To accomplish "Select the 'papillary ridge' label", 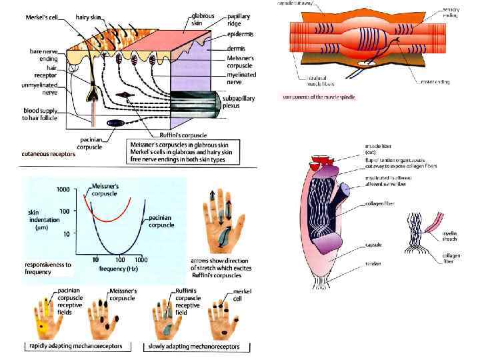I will click(x=238, y=19).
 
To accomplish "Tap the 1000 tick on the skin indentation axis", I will click(x=63, y=189).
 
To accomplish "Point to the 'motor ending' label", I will click(x=435, y=82).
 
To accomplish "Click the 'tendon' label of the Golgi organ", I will click(x=373, y=265).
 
